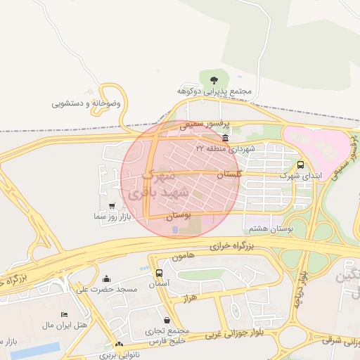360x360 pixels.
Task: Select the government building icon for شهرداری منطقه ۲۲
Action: (x=224, y=138)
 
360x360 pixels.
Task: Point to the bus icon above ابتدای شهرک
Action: (x=301, y=165)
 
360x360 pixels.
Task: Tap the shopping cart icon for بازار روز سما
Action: (x=112, y=206)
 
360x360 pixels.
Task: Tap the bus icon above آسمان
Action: (x=159, y=273)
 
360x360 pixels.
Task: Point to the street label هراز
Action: (x=188, y=299)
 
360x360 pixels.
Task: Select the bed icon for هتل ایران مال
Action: (x=65, y=314)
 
